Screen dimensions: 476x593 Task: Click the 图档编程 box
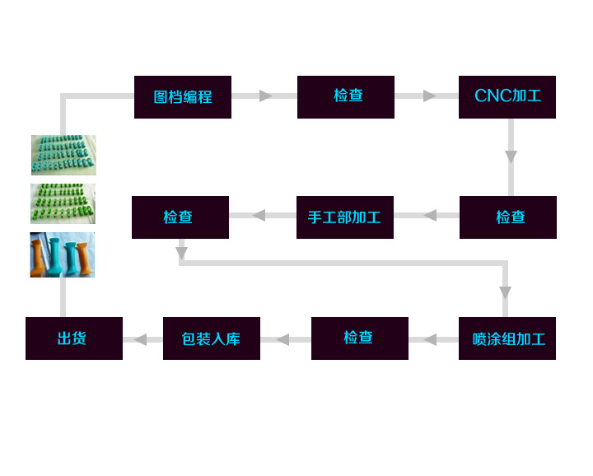coord(183,97)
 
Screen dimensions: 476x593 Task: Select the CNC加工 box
coord(507,97)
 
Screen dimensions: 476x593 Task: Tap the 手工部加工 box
coord(345,217)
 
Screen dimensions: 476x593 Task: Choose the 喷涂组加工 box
coord(507,338)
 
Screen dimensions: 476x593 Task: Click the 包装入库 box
coord(212,338)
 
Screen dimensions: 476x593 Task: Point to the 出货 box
coord(74,338)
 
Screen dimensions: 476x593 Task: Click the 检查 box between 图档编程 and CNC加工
coord(346,97)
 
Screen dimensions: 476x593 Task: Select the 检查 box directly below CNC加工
coord(508,217)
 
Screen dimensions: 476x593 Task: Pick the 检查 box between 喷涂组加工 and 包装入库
coord(360,338)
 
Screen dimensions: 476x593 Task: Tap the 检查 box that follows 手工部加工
coord(180,217)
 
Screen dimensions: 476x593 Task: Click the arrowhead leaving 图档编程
coord(265,96)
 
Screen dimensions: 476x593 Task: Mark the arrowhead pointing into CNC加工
coord(429,96)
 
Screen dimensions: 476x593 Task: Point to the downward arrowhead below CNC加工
coord(511,156)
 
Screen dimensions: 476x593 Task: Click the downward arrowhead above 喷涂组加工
coord(505,292)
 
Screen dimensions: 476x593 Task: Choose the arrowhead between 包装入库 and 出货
coord(141,339)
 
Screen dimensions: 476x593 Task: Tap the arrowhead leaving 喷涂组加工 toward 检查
coord(430,339)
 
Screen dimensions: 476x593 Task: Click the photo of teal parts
coord(63,155)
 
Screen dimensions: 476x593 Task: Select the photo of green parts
coord(63,203)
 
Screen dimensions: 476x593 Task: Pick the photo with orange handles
coord(63,254)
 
